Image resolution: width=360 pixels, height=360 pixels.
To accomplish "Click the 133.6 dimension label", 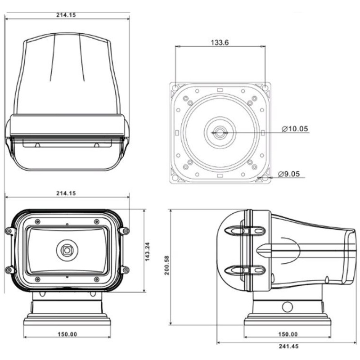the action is (220, 42).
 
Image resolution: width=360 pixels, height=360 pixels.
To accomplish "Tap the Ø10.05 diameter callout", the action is (295, 129).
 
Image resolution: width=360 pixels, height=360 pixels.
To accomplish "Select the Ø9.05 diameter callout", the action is (289, 174).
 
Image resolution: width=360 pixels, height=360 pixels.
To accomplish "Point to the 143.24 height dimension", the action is (148, 252).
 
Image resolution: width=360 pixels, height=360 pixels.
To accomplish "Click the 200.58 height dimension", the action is (166, 265).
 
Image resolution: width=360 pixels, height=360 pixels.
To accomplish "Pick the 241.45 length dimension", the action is (288, 346).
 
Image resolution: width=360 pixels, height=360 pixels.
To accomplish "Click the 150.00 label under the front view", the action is (67, 334).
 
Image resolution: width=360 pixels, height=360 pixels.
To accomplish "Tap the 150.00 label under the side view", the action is (288, 334).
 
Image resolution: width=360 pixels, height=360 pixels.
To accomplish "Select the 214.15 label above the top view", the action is (66, 15).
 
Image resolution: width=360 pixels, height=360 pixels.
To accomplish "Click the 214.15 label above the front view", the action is (66, 193).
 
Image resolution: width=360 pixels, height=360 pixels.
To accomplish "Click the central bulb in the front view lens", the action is (67, 250).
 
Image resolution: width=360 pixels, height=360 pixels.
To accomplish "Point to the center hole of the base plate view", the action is (220, 132).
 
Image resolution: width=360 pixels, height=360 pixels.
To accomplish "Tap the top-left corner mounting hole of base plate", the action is (175, 88).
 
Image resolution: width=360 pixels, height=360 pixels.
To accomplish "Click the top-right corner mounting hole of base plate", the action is (265, 88).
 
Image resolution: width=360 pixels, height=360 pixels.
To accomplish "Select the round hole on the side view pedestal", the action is (287, 307).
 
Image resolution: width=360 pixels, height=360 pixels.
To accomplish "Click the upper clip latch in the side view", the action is (245, 230).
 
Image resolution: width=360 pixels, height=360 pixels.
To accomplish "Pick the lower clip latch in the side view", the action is (245, 270).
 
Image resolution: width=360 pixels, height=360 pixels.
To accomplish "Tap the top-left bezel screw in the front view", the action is (38, 222).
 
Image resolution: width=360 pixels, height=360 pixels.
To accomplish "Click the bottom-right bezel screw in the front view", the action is (97, 279).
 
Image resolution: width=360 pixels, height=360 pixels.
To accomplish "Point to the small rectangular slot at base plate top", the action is (220, 90).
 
